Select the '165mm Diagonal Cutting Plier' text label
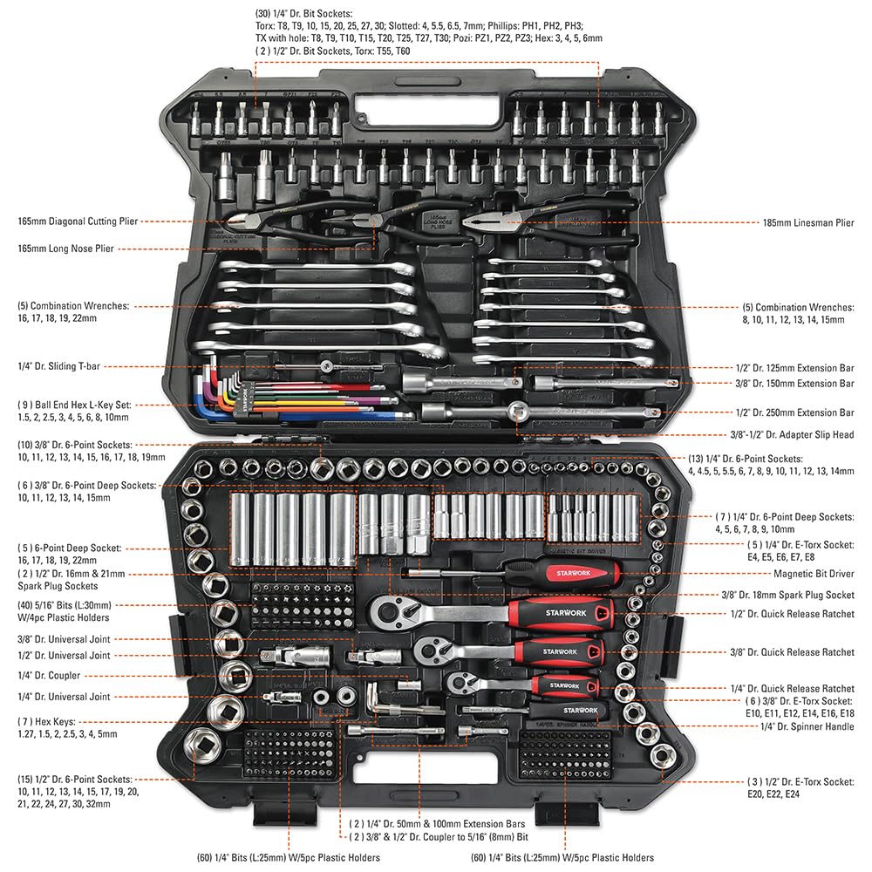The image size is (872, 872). click(78, 221)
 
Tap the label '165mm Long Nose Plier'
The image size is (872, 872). click(65, 249)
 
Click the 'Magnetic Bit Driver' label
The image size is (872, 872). click(814, 574)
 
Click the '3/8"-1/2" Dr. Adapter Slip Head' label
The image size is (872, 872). click(792, 434)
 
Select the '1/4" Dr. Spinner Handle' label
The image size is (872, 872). click(807, 726)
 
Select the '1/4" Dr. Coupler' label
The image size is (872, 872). click(49, 676)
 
